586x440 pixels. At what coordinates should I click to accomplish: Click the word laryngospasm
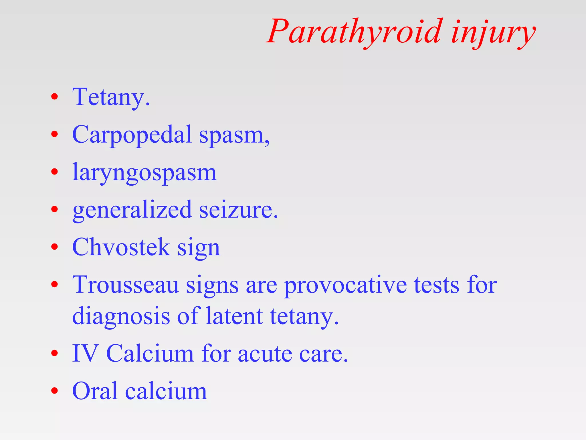(x=144, y=173)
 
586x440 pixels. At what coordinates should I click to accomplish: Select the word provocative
(x=345, y=285)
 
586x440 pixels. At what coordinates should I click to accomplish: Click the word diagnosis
(x=121, y=316)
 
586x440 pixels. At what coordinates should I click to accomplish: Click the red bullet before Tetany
(x=54, y=97)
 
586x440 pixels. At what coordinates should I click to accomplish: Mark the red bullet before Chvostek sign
(x=54, y=247)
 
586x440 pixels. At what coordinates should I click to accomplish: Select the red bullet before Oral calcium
(x=54, y=391)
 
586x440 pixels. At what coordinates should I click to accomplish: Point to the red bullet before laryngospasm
(x=54, y=172)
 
